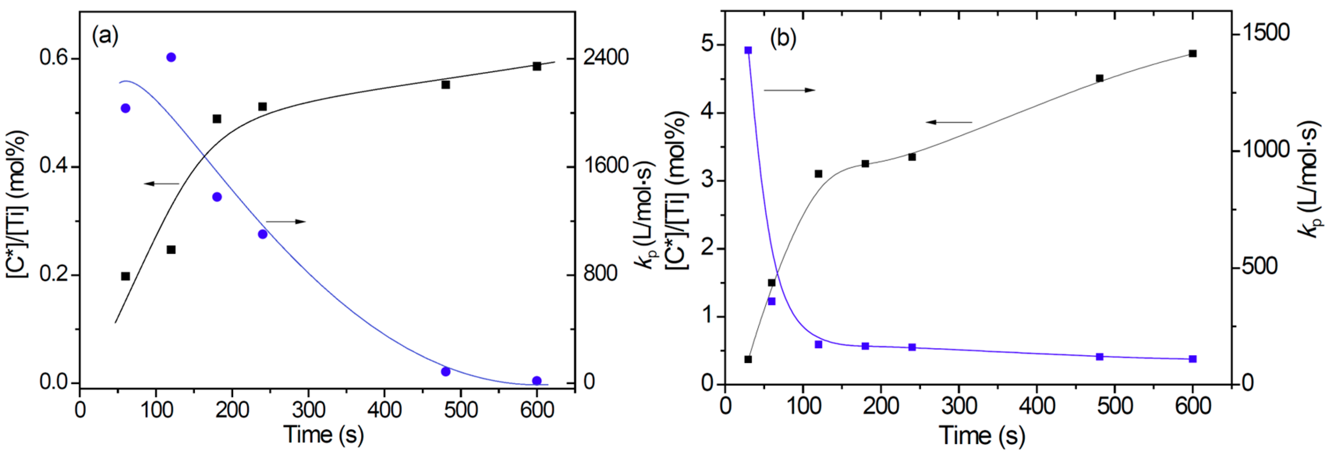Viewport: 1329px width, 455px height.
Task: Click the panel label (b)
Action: [783, 38]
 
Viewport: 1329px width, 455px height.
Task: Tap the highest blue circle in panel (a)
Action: [171, 57]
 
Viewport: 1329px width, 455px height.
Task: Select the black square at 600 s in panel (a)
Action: [537, 66]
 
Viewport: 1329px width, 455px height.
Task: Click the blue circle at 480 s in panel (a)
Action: [446, 372]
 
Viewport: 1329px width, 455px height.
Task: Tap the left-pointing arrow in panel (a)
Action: [161, 184]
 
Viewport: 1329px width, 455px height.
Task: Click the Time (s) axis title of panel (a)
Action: [324, 434]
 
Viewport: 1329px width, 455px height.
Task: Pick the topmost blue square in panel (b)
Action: [748, 50]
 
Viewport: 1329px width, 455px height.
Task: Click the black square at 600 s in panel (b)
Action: [1192, 54]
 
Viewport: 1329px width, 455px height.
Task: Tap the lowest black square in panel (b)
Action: [748, 359]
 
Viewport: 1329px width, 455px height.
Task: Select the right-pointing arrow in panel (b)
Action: [789, 90]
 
